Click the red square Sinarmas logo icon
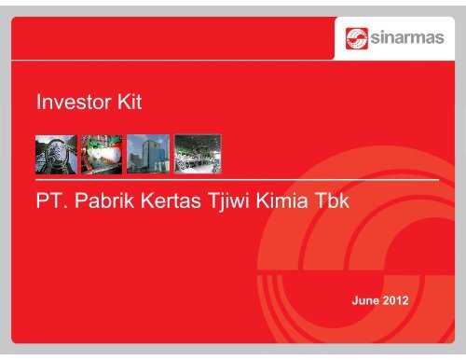click(356, 40)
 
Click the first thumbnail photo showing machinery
click(55, 153)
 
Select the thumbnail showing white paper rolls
click(102, 153)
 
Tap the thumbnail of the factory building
click(150, 153)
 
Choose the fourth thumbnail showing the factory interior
click(198, 153)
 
